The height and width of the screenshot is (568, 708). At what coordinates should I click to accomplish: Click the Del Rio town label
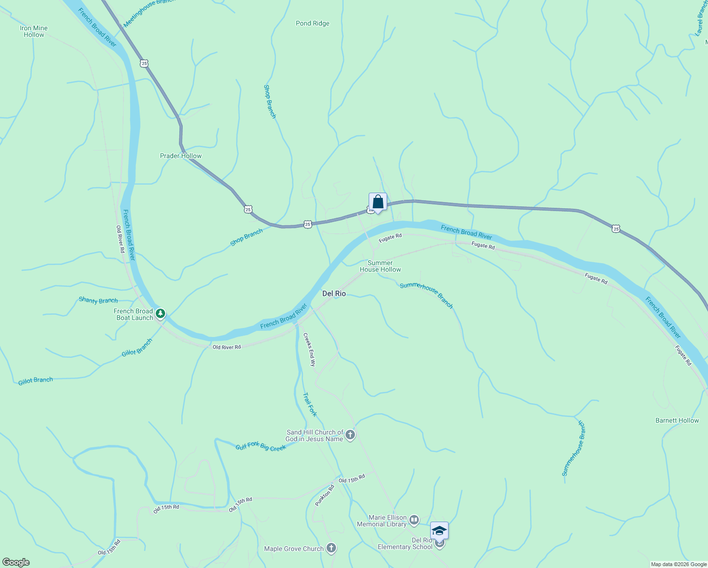point(334,293)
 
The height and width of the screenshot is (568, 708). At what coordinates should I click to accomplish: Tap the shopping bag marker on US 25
point(378,202)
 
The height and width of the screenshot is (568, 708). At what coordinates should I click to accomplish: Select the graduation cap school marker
point(439,531)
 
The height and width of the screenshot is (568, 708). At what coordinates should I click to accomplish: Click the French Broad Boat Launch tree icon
point(160,313)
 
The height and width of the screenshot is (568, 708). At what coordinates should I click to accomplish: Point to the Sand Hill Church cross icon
point(350,435)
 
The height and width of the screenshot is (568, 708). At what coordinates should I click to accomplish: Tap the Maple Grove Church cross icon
point(331,549)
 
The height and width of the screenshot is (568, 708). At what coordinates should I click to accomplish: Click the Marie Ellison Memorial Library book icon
point(414,521)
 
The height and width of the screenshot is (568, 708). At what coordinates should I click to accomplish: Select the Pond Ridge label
point(312,23)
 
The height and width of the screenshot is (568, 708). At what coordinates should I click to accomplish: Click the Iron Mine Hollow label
point(34,31)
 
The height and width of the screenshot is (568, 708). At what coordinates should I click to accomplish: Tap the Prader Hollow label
point(181,156)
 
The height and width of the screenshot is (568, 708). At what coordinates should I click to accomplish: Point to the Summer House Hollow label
point(380,266)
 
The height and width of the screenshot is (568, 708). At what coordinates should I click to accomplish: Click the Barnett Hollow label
point(677,420)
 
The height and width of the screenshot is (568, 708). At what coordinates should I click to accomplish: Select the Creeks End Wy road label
point(309,350)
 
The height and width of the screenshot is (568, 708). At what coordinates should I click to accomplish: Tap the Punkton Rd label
point(325,496)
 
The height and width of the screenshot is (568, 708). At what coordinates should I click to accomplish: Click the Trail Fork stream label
point(310,405)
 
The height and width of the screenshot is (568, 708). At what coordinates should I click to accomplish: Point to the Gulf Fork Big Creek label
point(261,446)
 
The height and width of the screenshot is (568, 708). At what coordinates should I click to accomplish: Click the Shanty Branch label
point(98,300)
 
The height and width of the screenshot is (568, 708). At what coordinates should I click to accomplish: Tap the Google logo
point(16,562)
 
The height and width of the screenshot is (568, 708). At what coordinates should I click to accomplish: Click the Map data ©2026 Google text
point(679,564)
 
